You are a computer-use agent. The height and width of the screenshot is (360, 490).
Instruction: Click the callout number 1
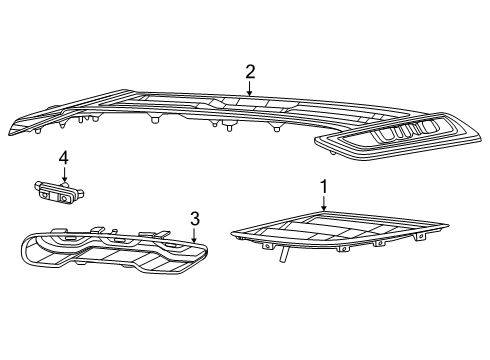[x=323, y=186]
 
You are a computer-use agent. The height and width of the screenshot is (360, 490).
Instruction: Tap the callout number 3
[x=195, y=218]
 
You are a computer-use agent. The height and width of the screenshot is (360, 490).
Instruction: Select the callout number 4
[x=63, y=158]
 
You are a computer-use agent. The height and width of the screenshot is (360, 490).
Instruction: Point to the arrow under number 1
[x=323, y=202]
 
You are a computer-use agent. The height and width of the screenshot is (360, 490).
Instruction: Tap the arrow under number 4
[x=63, y=176]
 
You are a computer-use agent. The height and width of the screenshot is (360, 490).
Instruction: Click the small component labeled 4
[x=57, y=190]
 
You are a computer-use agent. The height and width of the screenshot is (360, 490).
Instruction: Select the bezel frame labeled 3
[x=110, y=255]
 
